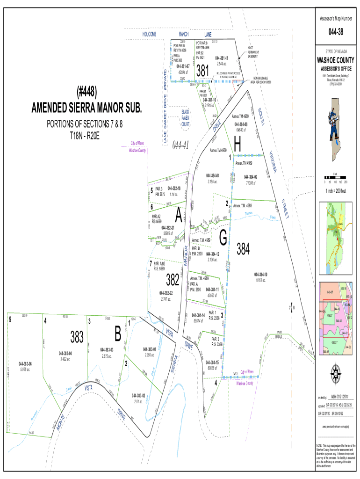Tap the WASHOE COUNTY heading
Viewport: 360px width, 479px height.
click(x=336, y=60)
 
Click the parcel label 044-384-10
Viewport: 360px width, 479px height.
click(x=260, y=275)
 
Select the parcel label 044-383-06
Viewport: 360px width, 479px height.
click(x=25, y=363)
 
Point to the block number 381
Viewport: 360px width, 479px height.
click(x=202, y=71)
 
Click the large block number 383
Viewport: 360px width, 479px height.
click(x=77, y=336)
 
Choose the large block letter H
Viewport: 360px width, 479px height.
click(x=238, y=145)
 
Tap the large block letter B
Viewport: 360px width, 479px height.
click(x=117, y=334)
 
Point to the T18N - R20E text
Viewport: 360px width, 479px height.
click(x=85, y=135)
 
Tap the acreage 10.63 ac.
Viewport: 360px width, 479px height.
click(x=260, y=280)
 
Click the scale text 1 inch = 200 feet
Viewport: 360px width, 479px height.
click(x=336, y=191)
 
